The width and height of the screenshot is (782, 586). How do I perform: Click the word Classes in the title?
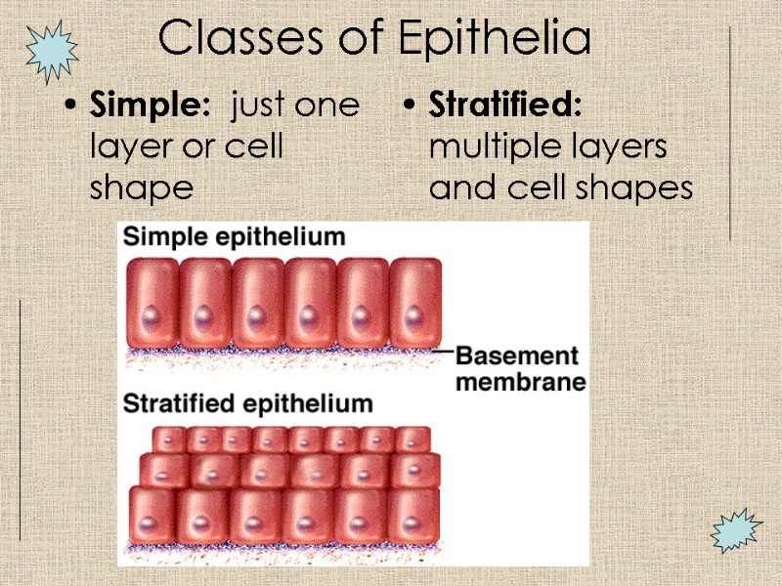click(232, 39)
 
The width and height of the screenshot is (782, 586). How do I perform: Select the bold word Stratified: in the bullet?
click(505, 105)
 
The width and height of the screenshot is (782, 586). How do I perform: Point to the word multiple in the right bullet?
click(494, 147)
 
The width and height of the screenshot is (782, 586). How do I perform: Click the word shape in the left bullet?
click(141, 188)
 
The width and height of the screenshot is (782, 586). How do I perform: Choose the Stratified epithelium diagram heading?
click(247, 403)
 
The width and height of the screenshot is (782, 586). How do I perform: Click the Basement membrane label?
click(519, 368)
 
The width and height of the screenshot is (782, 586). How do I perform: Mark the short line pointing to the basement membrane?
click(442, 350)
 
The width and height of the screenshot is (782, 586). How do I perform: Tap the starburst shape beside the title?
click(51, 51)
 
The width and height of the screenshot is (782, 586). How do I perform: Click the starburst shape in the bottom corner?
click(735, 530)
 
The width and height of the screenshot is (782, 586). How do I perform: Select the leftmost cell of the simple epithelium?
click(153, 302)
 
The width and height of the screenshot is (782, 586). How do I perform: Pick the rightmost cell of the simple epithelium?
click(414, 302)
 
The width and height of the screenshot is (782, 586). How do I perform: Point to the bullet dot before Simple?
click(67, 106)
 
